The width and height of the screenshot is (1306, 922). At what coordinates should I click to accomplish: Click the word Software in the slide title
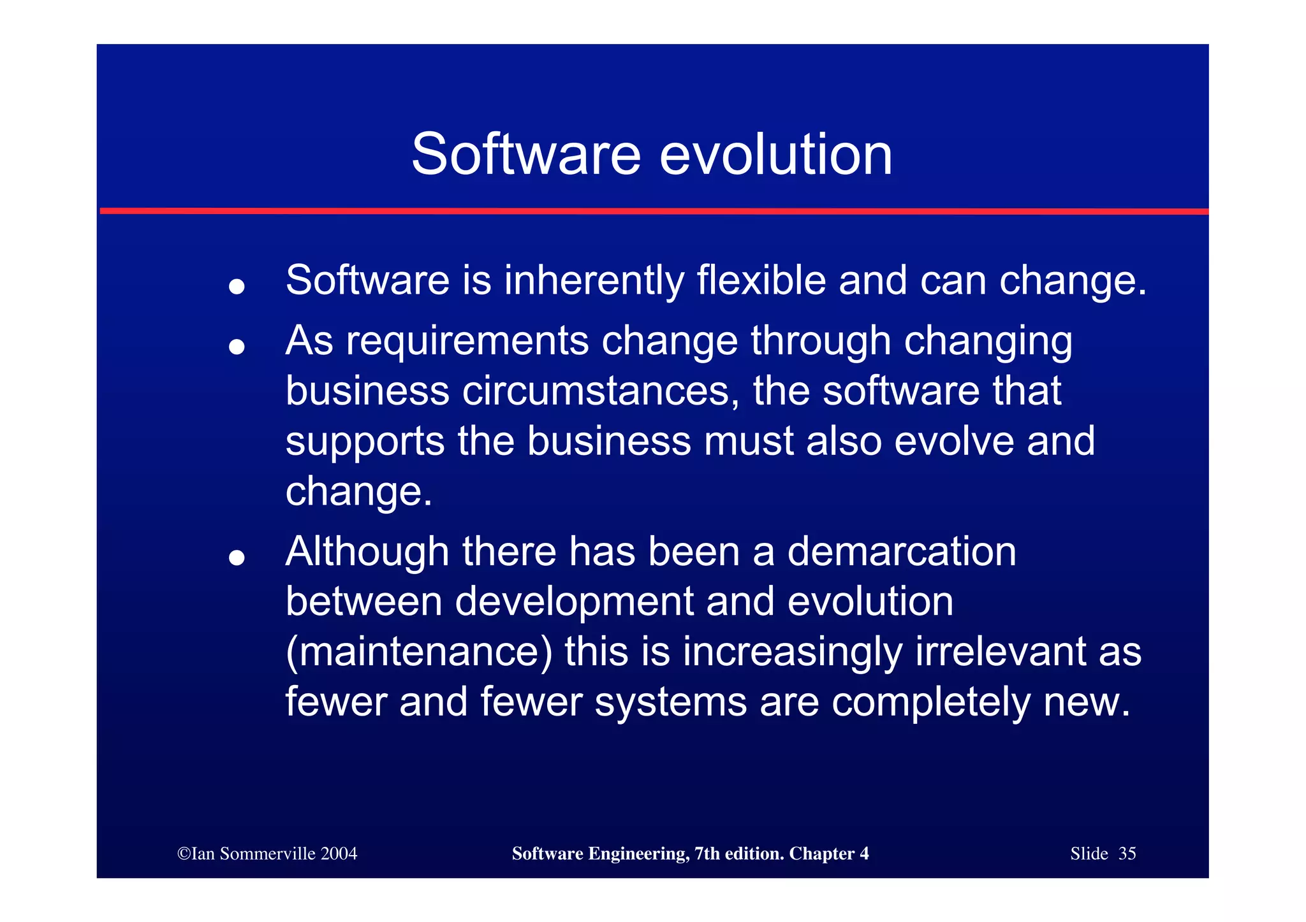tap(525, 155)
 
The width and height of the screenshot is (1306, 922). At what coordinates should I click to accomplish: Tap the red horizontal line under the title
tap(653, 211)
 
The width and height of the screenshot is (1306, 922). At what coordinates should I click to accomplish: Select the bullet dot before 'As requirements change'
tap(237, 347)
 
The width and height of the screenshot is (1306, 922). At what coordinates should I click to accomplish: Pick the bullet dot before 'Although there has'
tap(237, 558)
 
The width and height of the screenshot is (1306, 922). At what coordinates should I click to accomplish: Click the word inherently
tap(594, 281)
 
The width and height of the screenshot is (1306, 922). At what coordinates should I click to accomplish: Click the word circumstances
tap(601, 391)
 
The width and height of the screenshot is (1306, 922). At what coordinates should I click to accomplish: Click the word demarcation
tap(902, 551)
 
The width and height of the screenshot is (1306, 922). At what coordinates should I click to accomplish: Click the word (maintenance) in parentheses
tap(419, 652)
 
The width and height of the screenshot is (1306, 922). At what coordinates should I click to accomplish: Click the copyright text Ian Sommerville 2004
tap(268, 854)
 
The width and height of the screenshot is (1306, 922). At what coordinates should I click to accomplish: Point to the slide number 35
tap(1127, 854)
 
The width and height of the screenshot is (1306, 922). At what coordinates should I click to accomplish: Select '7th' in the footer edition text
tap(707, 854)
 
